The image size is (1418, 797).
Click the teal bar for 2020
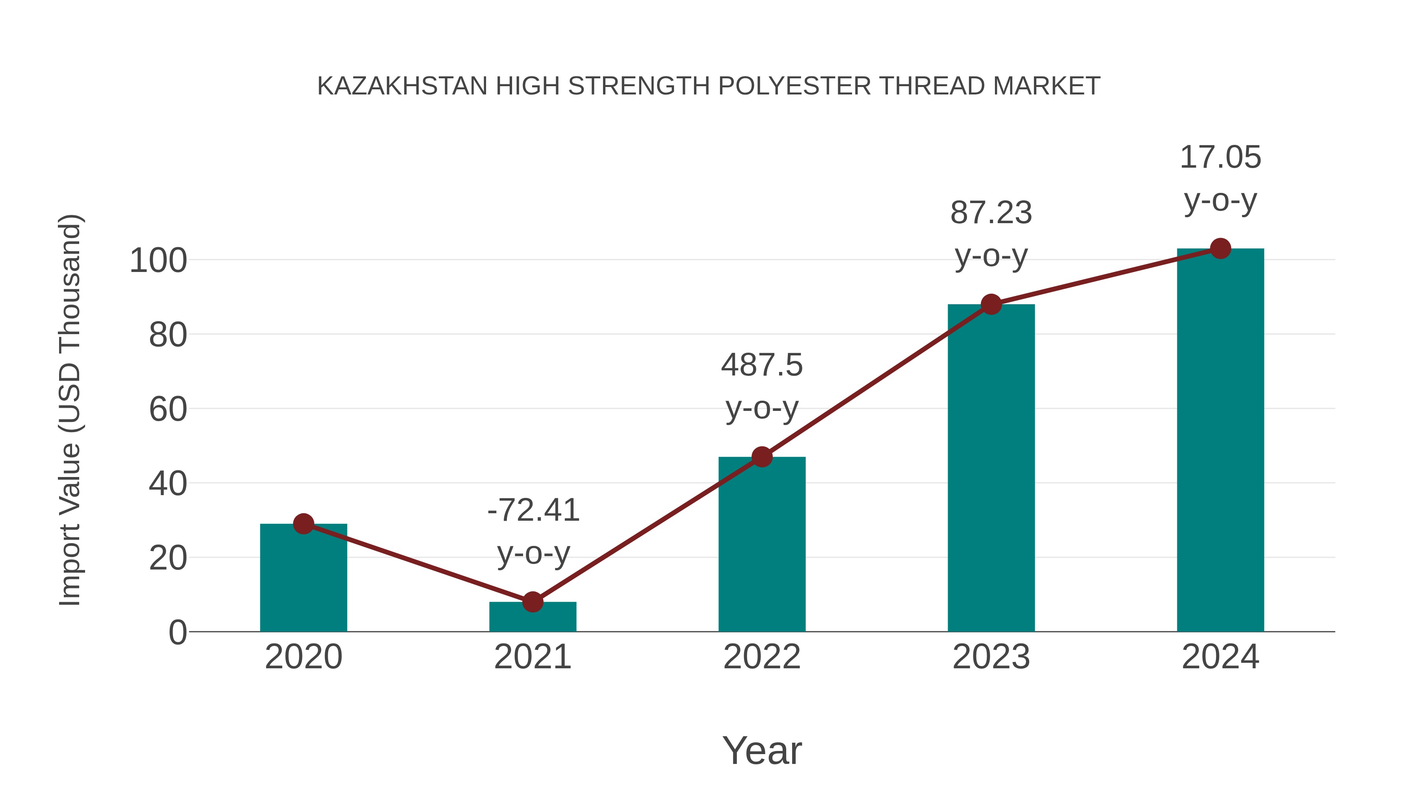303,577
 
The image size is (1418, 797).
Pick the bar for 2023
991,468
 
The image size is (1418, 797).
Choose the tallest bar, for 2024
1220,440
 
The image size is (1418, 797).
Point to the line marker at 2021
532,602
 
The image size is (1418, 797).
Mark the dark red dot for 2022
762,457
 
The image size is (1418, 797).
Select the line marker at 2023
991,304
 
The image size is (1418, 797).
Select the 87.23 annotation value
991,213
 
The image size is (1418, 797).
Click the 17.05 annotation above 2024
1220,157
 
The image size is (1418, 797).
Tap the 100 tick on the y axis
158,261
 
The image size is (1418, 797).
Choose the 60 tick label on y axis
168,410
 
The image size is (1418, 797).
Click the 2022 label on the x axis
762,657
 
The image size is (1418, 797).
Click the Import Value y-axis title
71,410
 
